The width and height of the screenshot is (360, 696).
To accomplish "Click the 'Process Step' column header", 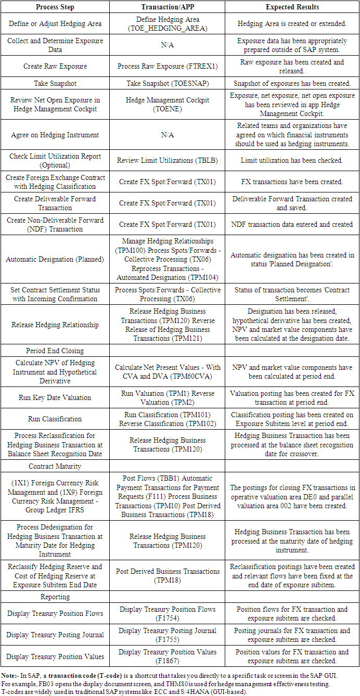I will click(x=55, y=7).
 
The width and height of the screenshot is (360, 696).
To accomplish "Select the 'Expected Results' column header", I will click(x=292, y=7).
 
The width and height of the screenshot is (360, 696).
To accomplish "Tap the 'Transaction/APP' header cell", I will click(x=167, y=7).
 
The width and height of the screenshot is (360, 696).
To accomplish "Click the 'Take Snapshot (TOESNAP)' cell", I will click(x=167, y=83).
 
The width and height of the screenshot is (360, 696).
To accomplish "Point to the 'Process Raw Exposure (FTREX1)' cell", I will click(x=167, y=67).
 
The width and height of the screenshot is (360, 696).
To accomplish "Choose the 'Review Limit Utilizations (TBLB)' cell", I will click(x=167, y=161).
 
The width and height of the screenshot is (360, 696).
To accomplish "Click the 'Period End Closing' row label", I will click(x=55, y=351).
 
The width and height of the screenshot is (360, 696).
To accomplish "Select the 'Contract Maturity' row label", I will click(x=55, y=466).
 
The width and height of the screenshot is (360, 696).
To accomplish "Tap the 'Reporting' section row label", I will click(x=55, y=597).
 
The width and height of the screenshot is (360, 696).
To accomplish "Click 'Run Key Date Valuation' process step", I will click(x=55, y=397).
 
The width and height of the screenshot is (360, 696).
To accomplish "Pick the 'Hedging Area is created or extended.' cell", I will click(x=292, y=24).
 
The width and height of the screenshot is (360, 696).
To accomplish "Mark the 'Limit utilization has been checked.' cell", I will click(x=292, y=161).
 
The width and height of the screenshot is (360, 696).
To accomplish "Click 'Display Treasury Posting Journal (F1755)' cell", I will click(x=167, y=635).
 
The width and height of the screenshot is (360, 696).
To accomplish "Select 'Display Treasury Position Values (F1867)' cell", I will click(x=167, y=656).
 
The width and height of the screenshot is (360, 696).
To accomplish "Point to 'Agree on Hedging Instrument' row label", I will click(x=55, y=135).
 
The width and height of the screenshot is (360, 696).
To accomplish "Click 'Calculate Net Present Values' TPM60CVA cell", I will click(x=167, y=372).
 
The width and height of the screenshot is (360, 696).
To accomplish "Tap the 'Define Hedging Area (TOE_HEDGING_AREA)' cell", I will click(x=167, y=24).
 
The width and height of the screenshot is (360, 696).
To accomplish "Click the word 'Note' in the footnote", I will click(x=10, y=674).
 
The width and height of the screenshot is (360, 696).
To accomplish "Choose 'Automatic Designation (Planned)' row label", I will click(x=55, y=259).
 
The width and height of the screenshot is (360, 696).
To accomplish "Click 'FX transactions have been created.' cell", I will click(x=292, y=182).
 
